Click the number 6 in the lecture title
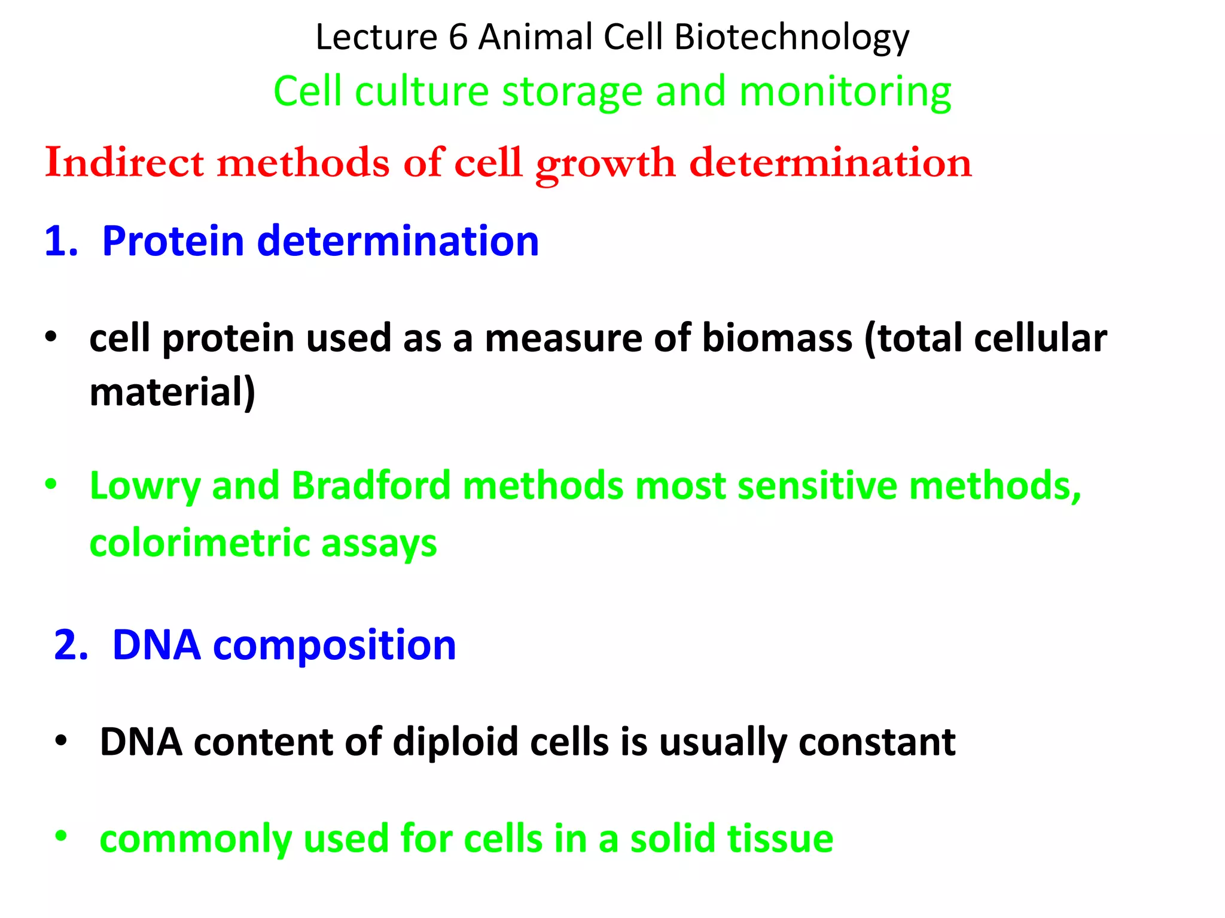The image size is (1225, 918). [458, 37]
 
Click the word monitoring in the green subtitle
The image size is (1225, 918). [845, 93]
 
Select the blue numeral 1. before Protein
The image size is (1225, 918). [61, 241]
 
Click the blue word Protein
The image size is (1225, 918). [173, 241]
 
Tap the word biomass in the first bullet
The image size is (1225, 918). [776, 338]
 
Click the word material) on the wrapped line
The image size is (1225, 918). [172, 393]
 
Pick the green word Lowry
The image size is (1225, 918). [144, 485]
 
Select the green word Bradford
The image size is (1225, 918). [371, 485]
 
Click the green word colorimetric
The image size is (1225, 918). [199, 543]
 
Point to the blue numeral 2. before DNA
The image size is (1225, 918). [71, 645]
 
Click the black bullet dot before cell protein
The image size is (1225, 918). [51, 337]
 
